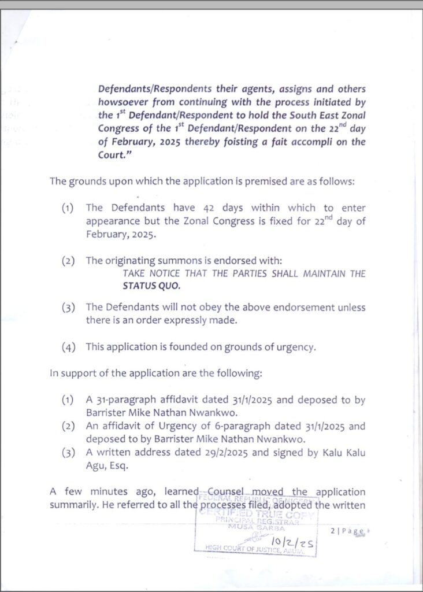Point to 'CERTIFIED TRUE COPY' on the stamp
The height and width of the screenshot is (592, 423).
[x=258, y=514]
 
